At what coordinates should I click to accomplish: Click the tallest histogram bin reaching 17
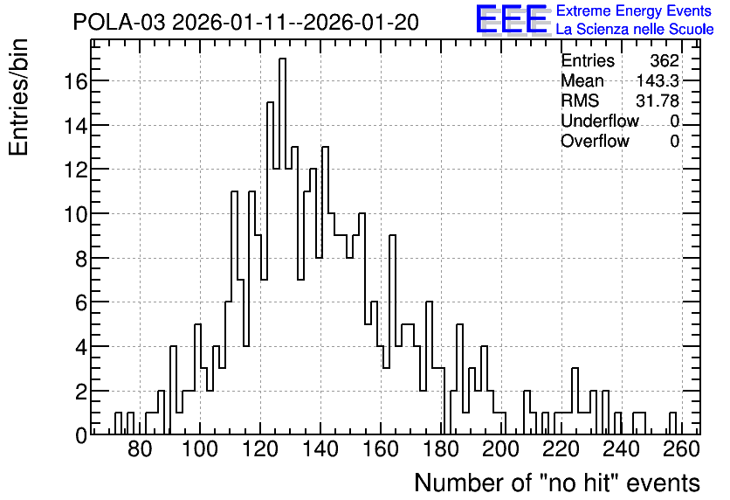282,247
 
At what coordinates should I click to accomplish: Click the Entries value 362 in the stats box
665,60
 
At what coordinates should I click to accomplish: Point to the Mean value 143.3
658,80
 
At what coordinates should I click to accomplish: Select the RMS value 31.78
658,101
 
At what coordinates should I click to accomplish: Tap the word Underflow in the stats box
600,121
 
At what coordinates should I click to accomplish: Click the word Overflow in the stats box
595,141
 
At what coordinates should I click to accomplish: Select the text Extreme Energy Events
634,10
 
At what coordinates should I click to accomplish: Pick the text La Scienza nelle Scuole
635,30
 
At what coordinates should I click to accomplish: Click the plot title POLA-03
119,22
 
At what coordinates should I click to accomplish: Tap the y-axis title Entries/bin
19,98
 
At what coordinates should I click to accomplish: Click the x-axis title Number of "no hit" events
557,483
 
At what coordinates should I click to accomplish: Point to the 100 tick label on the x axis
200,449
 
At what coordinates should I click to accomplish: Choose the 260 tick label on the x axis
682,449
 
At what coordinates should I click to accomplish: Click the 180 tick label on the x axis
440,449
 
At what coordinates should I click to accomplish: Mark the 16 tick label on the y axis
75,81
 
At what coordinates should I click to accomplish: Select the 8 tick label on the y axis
81,259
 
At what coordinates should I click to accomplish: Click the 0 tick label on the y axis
81,435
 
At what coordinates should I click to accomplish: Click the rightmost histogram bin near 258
672,424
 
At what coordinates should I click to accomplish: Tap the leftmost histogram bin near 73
118,424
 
